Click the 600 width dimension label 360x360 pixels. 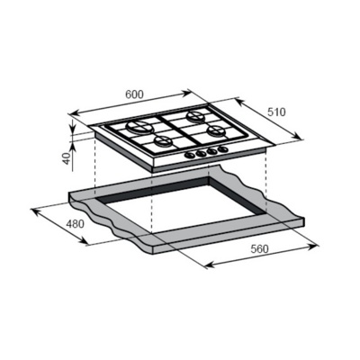134,94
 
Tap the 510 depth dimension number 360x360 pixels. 276,112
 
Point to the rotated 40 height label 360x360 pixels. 67,158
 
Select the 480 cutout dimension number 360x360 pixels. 76,224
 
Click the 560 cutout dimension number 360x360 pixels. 259,248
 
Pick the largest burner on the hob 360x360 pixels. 139,128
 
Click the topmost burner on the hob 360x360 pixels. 195,116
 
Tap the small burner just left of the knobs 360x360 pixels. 164,140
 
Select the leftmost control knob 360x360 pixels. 190,155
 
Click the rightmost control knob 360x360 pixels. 222,148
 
